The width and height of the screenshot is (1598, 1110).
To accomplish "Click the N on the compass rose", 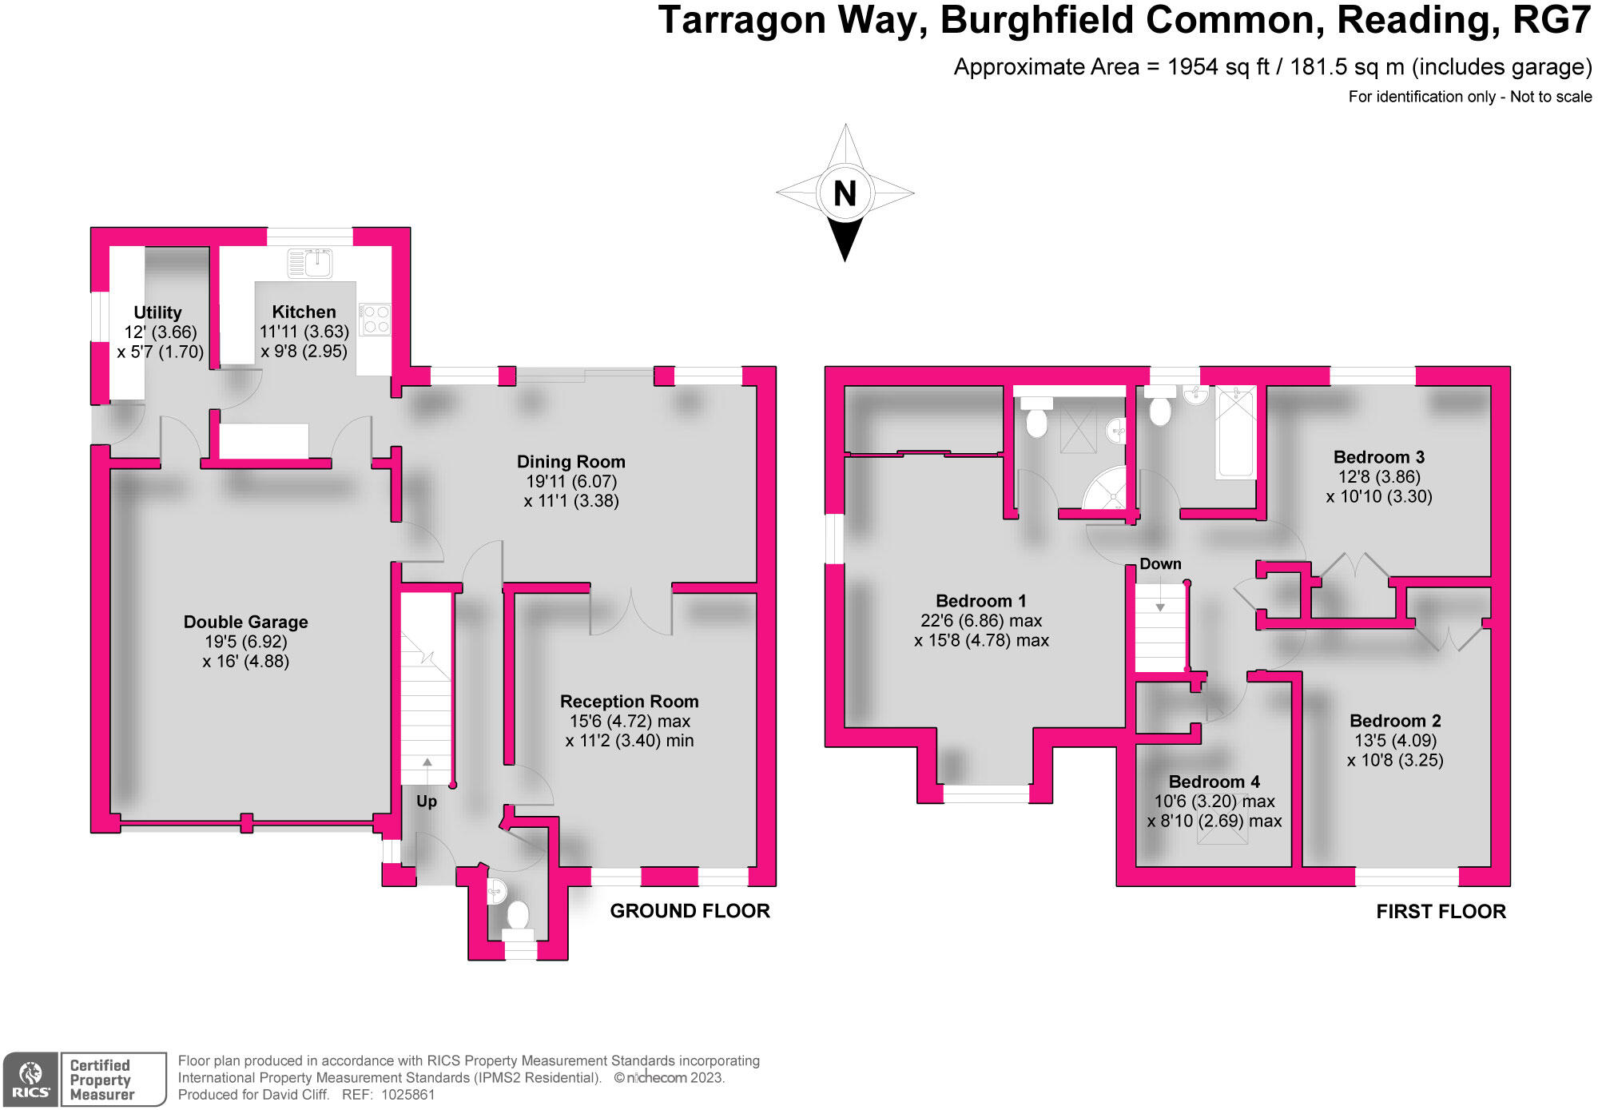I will coord(845,193).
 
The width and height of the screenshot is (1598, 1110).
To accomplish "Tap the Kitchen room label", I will coord(304,312).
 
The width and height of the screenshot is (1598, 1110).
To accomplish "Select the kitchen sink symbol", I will coord(310,262).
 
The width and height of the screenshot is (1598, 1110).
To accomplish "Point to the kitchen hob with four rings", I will coord(375,319).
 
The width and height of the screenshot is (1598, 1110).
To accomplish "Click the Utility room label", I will coord(157,312).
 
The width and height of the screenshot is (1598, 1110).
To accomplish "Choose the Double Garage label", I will coord(245,622).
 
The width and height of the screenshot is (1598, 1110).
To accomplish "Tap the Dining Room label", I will coord(570,462).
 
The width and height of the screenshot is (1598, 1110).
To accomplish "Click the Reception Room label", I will coord(629,702).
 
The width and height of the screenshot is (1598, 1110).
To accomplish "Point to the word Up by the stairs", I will coord(427,801).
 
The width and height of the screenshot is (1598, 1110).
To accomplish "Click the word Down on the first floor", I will coord(1160,564).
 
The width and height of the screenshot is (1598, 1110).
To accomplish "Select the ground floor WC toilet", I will coord(518,914).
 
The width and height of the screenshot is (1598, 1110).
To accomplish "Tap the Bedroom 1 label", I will coord(980,601).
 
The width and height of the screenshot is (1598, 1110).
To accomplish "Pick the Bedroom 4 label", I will coord(1214,782).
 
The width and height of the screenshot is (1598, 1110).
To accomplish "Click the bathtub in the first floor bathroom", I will coord(1235,432).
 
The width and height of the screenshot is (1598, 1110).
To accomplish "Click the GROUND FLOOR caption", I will coord(690,911).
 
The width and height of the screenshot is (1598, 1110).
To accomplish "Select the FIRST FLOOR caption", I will coord(1441,912).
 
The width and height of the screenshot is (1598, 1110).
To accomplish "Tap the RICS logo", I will coord(30,1080).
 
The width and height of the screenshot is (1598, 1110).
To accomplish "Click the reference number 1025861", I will coord(407,1095).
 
